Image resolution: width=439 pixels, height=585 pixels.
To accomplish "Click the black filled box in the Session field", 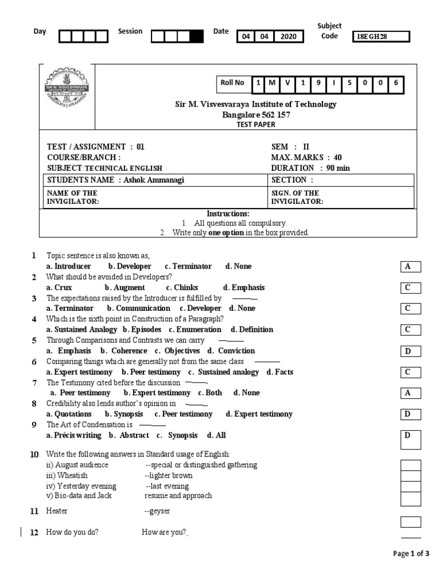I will [195, 37].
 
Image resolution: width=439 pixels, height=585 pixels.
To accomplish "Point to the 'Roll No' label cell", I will [233, 83].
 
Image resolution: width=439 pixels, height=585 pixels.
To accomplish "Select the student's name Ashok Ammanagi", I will [154, 181].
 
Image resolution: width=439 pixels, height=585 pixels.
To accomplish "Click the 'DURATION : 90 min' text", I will [310, 168].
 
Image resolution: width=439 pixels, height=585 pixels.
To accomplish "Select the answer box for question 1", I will [410, 267].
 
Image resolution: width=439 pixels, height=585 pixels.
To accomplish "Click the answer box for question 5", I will [410, 351].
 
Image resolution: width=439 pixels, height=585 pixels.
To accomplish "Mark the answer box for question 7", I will [410, 393].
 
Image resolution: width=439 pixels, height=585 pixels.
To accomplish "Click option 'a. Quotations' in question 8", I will [69, 414].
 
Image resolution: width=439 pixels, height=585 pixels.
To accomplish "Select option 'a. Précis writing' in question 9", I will [74, 435].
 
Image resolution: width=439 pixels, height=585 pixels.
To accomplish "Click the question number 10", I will [34, 454].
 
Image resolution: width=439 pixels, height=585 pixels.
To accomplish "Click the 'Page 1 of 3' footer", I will [411, 554].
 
